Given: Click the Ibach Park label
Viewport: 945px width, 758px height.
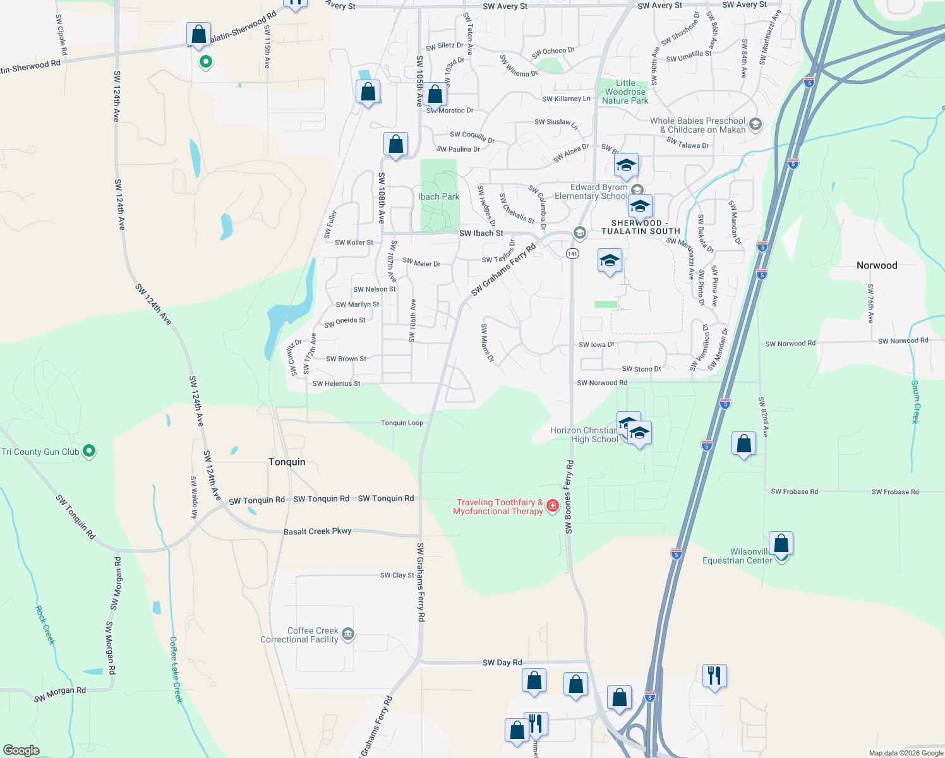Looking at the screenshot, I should coord(438,196).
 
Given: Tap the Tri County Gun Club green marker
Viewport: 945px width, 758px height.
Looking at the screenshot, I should coord(89,451).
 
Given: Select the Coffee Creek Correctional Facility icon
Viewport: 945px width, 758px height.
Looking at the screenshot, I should coord(348,634).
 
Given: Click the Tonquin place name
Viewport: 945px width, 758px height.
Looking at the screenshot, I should coord(287,462).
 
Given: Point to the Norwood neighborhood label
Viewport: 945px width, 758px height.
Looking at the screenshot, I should coord(877,265).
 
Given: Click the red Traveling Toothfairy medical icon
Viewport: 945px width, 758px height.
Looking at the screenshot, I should coord(553,505).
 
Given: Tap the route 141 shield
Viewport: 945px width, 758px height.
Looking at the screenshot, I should coord(572,253).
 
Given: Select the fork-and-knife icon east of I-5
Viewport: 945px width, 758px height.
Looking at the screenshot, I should coord(714,676).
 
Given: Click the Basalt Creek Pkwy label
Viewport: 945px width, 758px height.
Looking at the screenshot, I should coord(317,531).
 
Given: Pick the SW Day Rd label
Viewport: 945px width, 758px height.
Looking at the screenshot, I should coord(502,663).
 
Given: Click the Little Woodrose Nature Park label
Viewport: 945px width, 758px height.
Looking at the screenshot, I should coord(625,92).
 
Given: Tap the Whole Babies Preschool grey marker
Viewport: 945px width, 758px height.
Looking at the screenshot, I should coord(755,124).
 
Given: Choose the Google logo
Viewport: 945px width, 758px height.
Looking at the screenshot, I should coord(21,750).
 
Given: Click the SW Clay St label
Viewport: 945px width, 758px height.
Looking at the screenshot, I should coord(397,575).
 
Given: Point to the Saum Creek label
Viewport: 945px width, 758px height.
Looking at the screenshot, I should coord(915,401).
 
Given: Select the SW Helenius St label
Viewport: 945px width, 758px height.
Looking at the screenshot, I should coord(336,383).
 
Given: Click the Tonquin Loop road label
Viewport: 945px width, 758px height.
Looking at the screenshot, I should coord(402,423).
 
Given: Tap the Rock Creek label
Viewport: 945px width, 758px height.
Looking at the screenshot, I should coord(45,625).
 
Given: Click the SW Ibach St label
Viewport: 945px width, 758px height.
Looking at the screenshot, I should coord(481,233).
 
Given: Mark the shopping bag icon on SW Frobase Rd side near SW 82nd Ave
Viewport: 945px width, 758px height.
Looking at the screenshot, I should coord(743,443).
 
